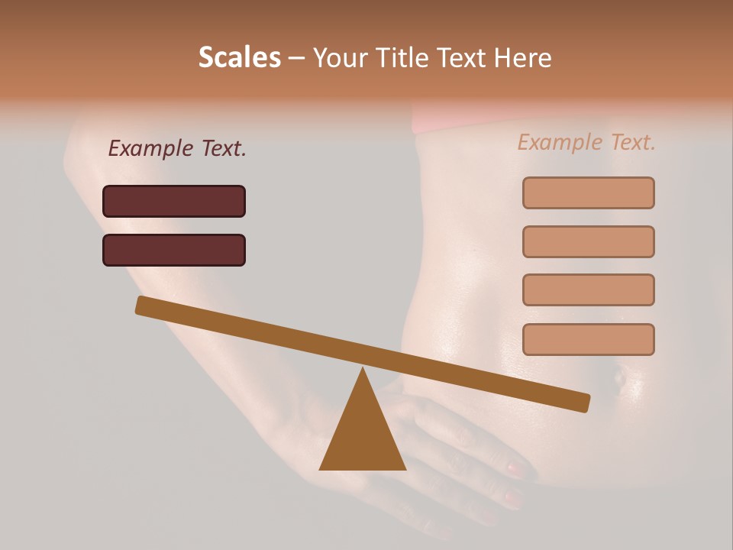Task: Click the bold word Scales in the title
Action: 239,57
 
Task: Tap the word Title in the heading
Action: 400,57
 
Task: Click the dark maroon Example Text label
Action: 177,149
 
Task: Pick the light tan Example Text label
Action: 586,142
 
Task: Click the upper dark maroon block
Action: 174,201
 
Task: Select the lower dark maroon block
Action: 174,250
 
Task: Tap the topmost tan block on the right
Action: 588,192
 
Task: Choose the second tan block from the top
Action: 588,241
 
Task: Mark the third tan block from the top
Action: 588,290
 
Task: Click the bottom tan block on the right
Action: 588,339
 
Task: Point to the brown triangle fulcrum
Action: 363,435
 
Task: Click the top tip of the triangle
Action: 363,369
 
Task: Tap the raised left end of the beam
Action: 142,306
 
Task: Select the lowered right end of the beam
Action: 583,403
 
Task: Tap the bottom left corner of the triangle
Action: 321,468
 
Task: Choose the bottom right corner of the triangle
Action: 405,468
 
